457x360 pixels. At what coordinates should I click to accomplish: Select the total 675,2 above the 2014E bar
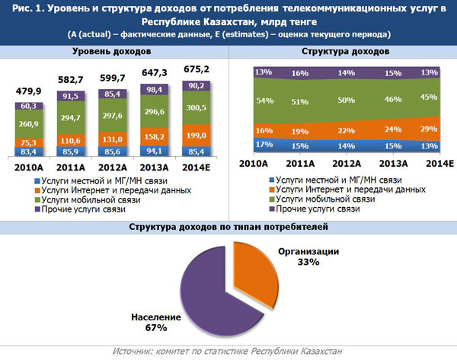(x=197, y=68)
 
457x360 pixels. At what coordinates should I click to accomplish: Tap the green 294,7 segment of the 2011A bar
(x=69, y=119)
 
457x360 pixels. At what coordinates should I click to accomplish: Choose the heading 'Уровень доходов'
(x=111, y=50)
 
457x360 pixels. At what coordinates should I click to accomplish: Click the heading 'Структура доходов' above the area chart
(x=346, y=50)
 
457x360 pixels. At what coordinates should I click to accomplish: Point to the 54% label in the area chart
(x=264, y=100)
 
